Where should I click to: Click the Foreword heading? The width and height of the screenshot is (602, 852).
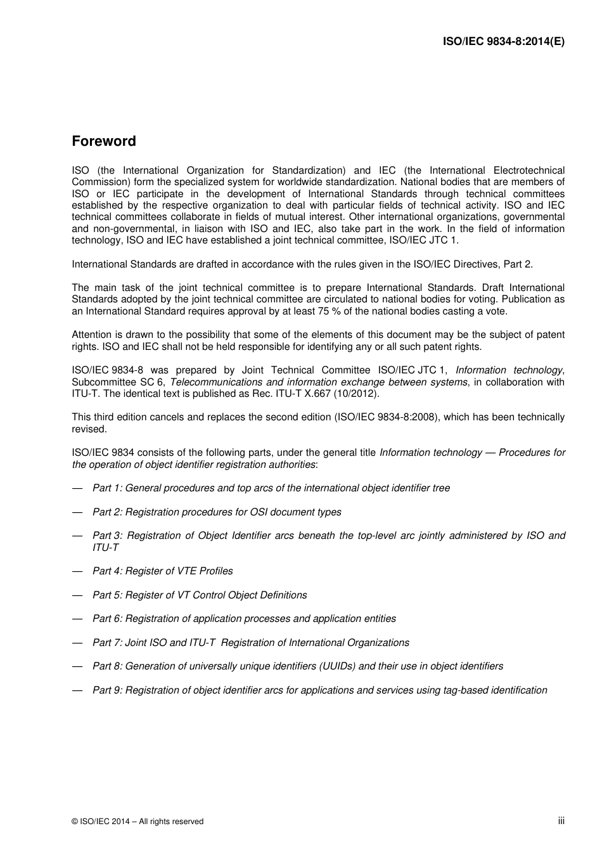tap(104, 141)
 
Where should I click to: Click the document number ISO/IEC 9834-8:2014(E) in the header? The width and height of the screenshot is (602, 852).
tap(503, 42)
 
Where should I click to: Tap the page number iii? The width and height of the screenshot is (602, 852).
tap(561, 820)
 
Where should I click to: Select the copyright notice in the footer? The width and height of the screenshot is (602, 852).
tap(138, 822)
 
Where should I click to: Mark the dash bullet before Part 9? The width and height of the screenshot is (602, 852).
tap(77, 690)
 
